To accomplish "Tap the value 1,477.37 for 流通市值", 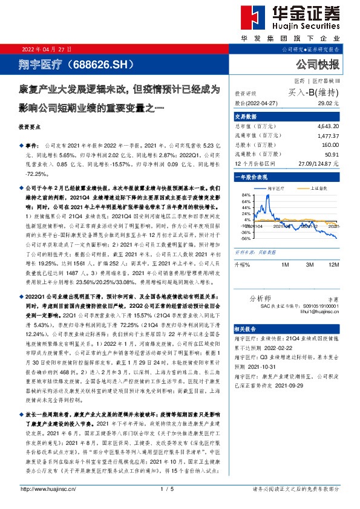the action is pyautogui.click(x=327, y=137).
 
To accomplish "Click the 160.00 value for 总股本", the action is pyautogui.click(x=329, y=146).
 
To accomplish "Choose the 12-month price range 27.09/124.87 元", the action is pyautogui.click(x=318, y=164).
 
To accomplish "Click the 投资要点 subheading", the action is pyautogui.click(x=31, y=128).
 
